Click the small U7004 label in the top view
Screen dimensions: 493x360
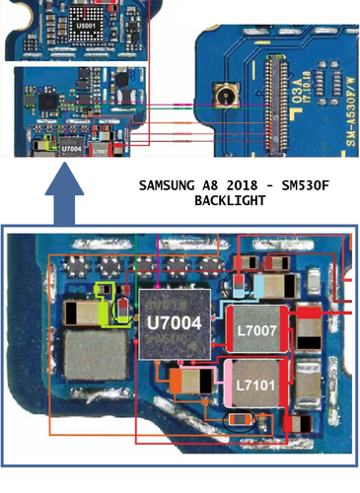coord(72,148)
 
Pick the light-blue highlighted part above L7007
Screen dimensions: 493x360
coord(264,286)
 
